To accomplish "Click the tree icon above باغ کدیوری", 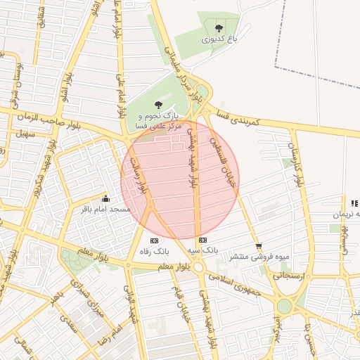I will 219,28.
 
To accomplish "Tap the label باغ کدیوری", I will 220,40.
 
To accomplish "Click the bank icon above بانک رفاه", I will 155,240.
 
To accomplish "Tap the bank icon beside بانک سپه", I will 203,240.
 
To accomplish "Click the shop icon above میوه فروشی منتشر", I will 259,246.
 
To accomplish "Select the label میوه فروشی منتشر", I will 264,257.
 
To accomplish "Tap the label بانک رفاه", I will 155,251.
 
